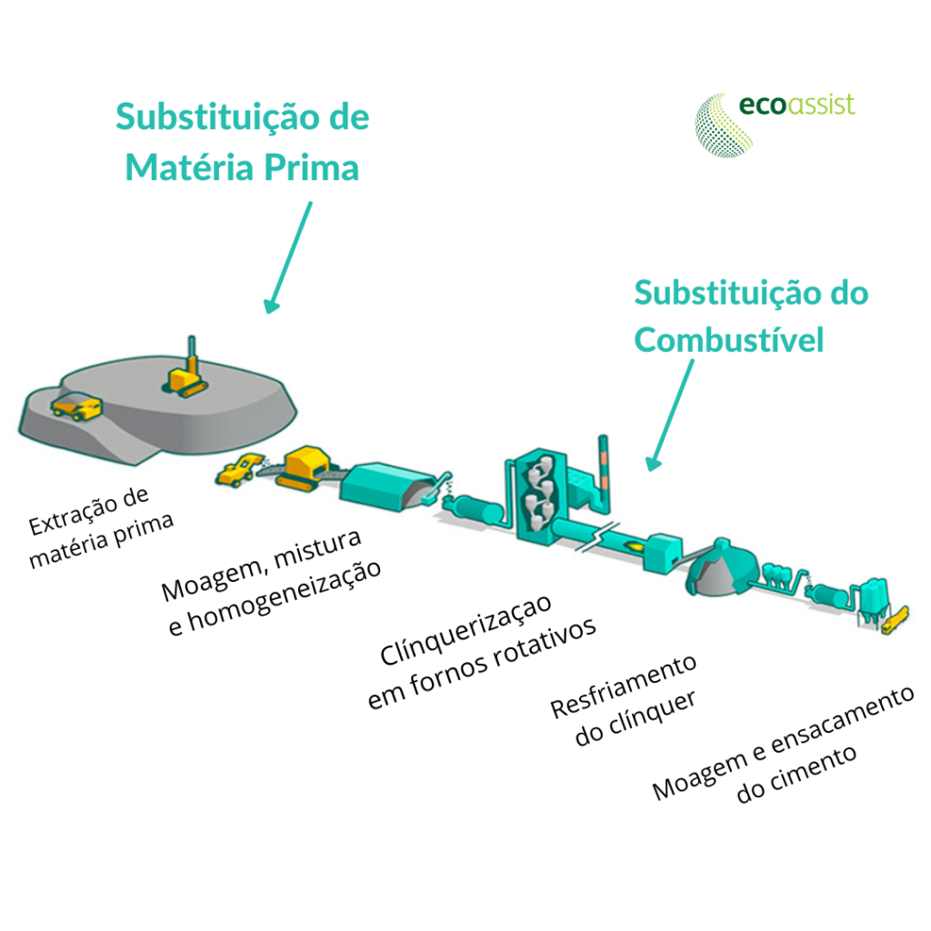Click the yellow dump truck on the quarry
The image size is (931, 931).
[75, 406]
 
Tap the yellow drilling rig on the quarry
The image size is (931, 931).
[189, 373]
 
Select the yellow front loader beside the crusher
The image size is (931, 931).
[239, 468]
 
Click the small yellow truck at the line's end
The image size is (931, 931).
[896, 620]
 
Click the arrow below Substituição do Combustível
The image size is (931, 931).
[671, 415]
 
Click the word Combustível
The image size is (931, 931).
[729, 340]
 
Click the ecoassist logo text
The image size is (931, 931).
[796, 105]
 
